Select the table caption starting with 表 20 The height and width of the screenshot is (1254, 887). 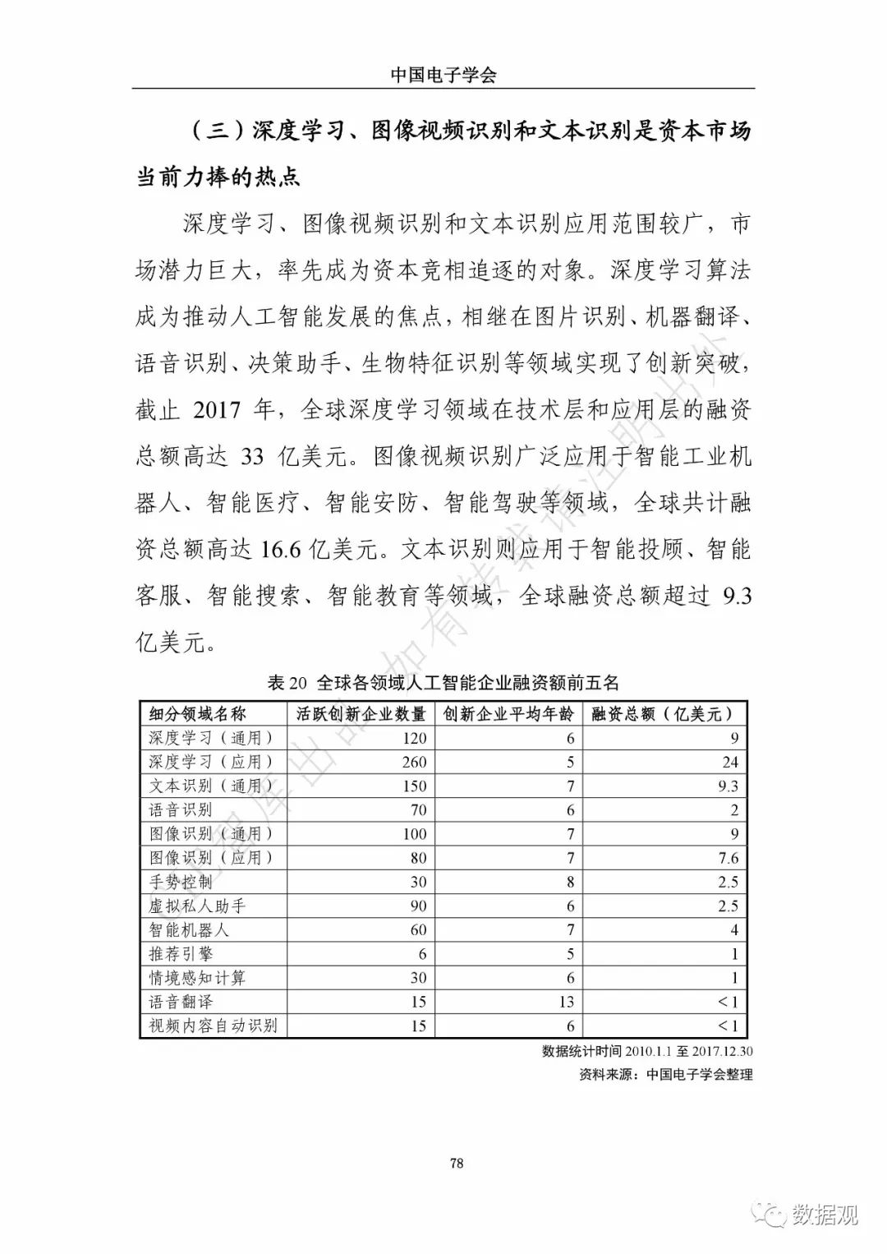[x=443, y=682]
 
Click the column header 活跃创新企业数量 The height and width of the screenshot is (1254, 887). [x=361, y=713]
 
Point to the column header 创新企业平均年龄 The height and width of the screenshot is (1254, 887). [x=508, y=713]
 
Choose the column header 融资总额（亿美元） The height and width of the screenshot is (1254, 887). [x=662, y=713]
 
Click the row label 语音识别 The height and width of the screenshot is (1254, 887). [x=181, y=809]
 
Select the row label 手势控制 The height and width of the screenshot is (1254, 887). [x=181, y=882]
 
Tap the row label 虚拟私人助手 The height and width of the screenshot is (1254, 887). [x=197, y=906]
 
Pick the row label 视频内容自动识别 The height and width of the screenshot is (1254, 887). [x=213, y=1026]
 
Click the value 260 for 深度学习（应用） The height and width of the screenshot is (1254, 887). [x=414, y=762]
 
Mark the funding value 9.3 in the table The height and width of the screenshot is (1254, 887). [x=728, y=786]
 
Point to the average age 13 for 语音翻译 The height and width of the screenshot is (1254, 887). [x=566, y=1002]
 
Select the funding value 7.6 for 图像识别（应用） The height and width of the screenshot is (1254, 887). [x=728, y=858]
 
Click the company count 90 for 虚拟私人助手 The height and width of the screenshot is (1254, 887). [x=418, y=906]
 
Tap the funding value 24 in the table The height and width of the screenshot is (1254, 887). [x=730, y=762]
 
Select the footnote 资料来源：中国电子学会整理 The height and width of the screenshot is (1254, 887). [x=665, y=1073]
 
